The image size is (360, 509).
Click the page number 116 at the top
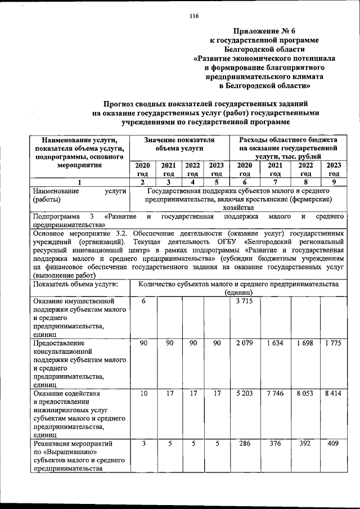pyautogui.click(x=194, y=16)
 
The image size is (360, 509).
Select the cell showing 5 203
pyautogui.click(x=245, y=393)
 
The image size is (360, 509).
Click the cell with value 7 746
pyautogui.click(x=275, y=393)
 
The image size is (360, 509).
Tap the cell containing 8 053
pyautogui.click(x=305, y=393)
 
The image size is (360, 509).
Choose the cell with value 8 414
pyautogui.click(x=334, y=393)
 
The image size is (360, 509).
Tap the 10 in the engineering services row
pyautogui.click(x=143, y=393)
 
